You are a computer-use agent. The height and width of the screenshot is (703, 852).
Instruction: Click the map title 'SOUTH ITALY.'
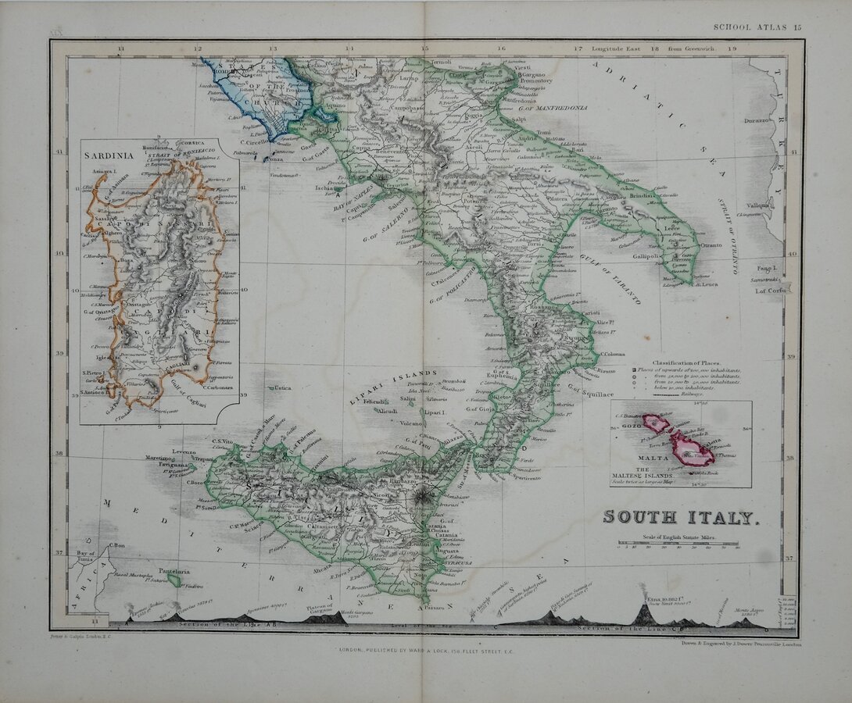coord(679,517)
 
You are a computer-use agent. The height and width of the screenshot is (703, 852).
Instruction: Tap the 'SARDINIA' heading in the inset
coord(105,154)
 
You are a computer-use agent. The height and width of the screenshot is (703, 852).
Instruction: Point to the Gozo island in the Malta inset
coord(656,423)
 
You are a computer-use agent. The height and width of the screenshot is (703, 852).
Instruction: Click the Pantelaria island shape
coord(175,580)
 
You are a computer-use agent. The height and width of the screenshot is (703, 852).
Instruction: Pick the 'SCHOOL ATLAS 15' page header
coord(757,27)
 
